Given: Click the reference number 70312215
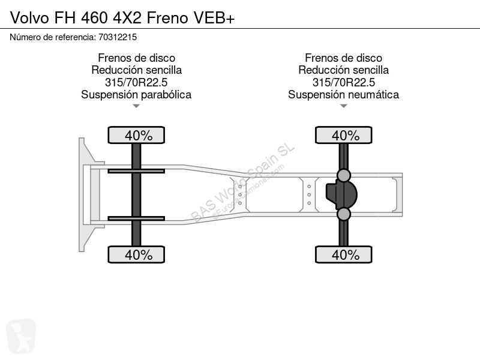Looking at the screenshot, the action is point(118,37).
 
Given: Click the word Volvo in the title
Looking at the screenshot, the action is point(29,18).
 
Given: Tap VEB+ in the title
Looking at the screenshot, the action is point(214,18).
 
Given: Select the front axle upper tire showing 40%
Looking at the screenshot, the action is point(136,135).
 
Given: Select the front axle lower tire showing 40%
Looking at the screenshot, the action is point(136,254).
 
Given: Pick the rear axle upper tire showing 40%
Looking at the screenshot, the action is point(343,135).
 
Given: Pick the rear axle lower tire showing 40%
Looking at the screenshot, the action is point(343,254).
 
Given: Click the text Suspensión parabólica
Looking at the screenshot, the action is point(136,95).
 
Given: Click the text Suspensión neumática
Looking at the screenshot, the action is point(343,95).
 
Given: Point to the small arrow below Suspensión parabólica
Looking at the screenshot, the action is point(136,106).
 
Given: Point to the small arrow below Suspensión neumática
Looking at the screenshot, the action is point(343,106).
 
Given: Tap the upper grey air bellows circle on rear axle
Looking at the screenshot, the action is point(343,175).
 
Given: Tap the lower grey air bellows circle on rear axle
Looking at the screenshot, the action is point(343,214).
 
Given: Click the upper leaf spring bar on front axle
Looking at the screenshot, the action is point(136,171).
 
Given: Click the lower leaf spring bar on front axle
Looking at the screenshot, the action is point(136,218).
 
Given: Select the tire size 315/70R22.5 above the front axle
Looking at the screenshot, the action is point(136,82).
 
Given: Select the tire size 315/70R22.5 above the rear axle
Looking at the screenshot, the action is point(343,82).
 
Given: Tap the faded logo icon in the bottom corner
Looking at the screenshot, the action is point(21,336).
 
